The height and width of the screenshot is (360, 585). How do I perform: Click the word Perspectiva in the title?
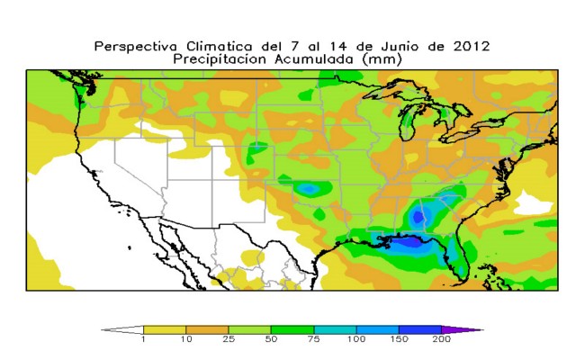click(x=135, y=47)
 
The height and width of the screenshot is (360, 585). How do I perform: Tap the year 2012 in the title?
click(x=472, y=46)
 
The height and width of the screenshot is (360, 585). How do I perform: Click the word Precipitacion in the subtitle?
click(x=220, y=59)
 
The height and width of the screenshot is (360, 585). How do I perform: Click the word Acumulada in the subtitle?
click(x=314, y=59)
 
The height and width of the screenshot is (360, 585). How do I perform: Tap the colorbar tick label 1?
click(x=143, y=339)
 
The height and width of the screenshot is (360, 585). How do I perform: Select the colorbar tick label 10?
click(x=185, y=339)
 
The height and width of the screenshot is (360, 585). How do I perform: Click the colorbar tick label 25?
click(x=229, y=339)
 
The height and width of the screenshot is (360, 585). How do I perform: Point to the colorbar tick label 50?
click(x=271, y=339)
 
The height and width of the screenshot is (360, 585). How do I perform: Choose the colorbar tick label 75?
click(x=313, y=339)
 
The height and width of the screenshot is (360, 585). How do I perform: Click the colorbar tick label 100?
click(x=355, y=339)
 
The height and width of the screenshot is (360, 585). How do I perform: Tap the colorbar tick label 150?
click(x=399, y=339)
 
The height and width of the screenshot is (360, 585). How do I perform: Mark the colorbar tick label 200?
click(x=441, y=339)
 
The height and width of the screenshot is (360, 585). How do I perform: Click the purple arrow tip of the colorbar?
click(x=483, y=330)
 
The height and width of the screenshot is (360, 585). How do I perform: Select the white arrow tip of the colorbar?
click(x=102, y=330)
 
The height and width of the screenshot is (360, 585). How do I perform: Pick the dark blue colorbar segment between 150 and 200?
click(x=420, y=330)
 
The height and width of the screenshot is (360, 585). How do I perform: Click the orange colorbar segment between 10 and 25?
click(x=207, y=330)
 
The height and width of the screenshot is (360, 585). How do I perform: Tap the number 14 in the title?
click(x=338, y=46)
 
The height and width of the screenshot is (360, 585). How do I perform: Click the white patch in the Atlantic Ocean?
click(x=533, y=204)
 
